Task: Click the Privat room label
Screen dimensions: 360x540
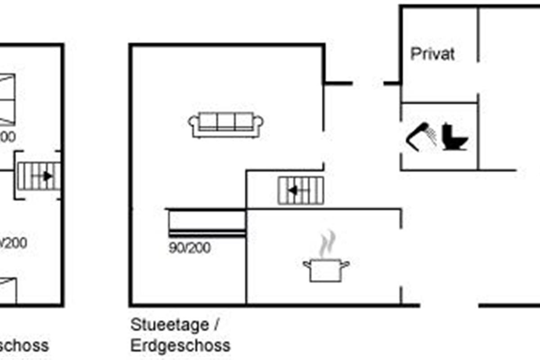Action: pyautogui.click(x=432, y=54)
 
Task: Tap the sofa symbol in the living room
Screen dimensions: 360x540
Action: pyautogui.click(x=226, y=125)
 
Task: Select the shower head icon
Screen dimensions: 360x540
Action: pyautogui.click(x=422, y=135)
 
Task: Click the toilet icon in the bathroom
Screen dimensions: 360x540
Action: pyautogui.click(x=455, y=137)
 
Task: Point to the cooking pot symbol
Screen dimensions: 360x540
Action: pyautogui.click(x=326, y=270)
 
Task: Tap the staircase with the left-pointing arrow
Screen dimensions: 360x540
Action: pyautogui.click(x=301, y=190)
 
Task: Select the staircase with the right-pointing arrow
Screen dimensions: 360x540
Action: pyautogui.click(x=39, y=176)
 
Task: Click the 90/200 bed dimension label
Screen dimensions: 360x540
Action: pyautogui.click(x=189, y=248)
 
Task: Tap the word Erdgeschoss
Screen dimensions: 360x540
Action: pyautogui.click(x=180, y=346)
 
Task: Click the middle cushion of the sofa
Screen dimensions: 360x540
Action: pyautogui.click(x=226, y=121)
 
